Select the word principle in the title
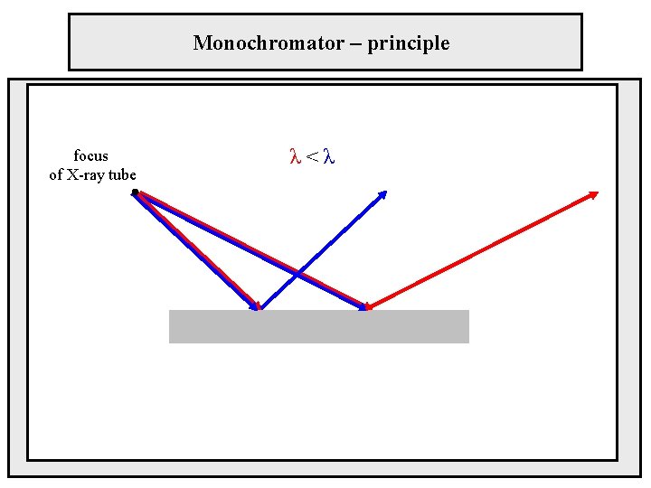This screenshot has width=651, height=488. [408, 42]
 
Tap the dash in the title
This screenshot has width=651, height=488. [347, 42]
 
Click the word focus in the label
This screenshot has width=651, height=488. [90, 155]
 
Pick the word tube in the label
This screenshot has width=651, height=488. [122, 174]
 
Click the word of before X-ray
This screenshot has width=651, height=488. [57, 174]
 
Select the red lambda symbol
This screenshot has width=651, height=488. [294, 157]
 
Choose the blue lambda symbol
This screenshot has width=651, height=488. [329, 157]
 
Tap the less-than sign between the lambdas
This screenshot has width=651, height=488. [311, 157]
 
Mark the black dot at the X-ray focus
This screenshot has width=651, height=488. [135, 192]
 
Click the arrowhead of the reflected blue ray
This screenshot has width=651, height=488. [383, 193]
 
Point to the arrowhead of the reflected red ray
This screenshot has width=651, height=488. [594, 193]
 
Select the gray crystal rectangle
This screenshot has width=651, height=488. [318, 326]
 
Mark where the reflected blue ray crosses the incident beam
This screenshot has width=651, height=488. [297, 273]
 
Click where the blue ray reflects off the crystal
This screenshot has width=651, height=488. [259, 309]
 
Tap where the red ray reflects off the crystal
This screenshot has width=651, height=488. [367, 309]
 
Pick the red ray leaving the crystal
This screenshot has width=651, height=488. [479, 251]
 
